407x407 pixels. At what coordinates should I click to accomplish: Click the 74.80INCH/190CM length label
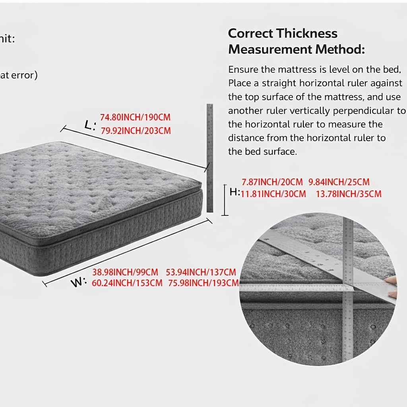point(135,118)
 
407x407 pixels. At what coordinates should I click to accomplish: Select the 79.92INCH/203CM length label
point(136,130)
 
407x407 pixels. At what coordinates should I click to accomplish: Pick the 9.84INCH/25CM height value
point(339,182)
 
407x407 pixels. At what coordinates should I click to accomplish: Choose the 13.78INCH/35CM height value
point(349,194)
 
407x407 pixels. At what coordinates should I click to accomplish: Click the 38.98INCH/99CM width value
point(125,272)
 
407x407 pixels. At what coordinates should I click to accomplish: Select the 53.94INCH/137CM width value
point(201,272)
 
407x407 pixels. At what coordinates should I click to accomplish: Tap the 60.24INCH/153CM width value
point(127,283)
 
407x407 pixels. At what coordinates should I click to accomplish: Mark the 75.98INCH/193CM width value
point(203,283)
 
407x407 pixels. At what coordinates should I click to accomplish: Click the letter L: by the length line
point(90,125)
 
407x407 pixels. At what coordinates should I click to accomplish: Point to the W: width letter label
point(79,283)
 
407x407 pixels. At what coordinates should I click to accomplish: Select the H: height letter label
point(235,192)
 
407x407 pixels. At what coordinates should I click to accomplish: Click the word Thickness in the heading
point(307,33)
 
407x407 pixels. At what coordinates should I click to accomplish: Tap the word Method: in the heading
point(340,50)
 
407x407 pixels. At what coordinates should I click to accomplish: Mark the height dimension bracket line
point(225,200)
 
